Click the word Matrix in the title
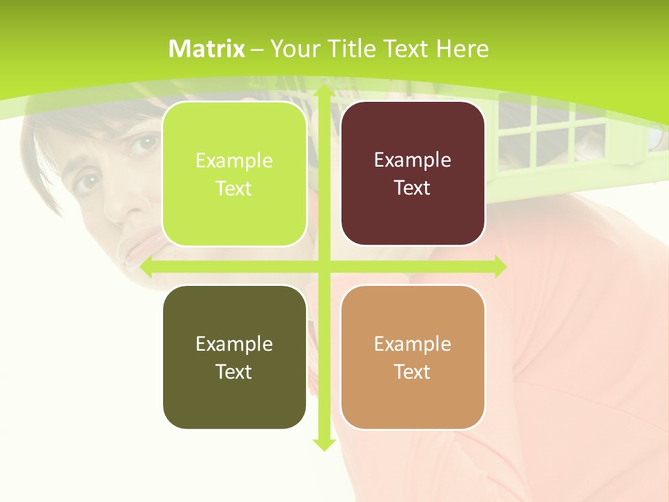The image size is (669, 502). tap(207, 49)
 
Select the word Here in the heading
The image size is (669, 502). tap(462, 49)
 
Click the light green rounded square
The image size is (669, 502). tap(234, 174)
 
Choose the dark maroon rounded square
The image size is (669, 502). tap(413, 174)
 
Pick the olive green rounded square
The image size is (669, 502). tap(234, 357)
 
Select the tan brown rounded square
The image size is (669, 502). tap(413, 357)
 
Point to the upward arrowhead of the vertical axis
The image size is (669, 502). tap(323, 92)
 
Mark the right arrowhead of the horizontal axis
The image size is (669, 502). tap(499, 266)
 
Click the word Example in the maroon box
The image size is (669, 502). tap(413, 160)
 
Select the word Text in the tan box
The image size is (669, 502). tap(413, 372)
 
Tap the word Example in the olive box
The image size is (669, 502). tap(234, 344)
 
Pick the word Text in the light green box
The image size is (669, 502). tap(234, 188)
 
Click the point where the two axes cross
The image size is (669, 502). tap(323, 266)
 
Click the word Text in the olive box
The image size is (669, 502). tap(234, 372)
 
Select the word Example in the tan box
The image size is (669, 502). tap(413, 344)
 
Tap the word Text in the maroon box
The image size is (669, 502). tap(413, 188)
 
